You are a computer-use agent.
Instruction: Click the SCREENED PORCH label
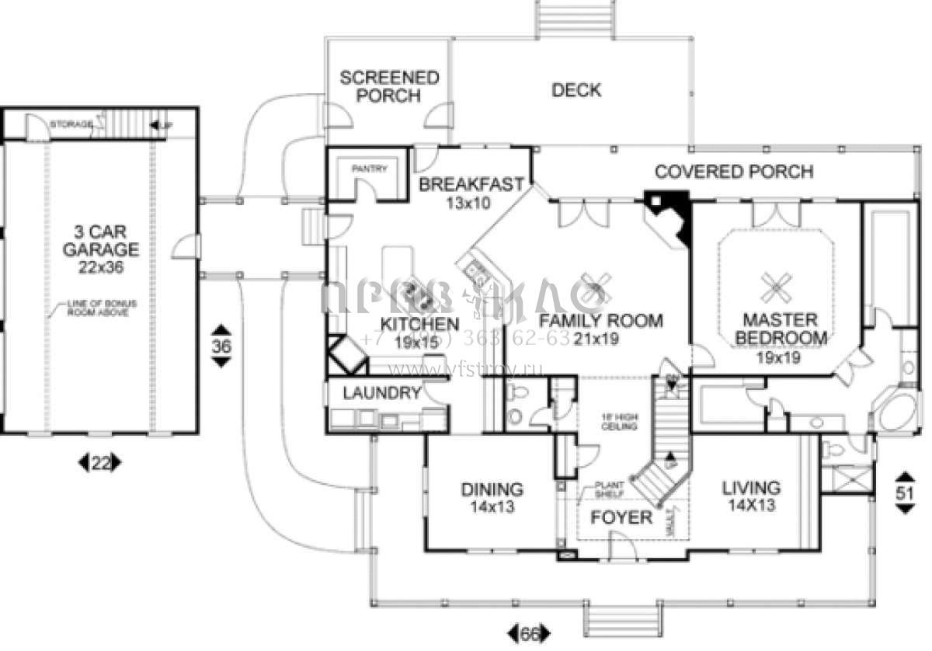(389, 86)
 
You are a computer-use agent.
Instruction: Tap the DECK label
(576, 90)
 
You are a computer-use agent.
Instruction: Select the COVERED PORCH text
(734, 171)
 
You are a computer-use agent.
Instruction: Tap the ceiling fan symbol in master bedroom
(777, 287)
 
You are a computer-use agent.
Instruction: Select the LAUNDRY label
(381, 393)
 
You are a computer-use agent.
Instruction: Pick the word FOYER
(621, 517)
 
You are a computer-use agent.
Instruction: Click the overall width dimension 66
(530, 634)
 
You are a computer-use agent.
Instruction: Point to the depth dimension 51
(905, 492)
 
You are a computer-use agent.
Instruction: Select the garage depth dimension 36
(221, 347)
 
